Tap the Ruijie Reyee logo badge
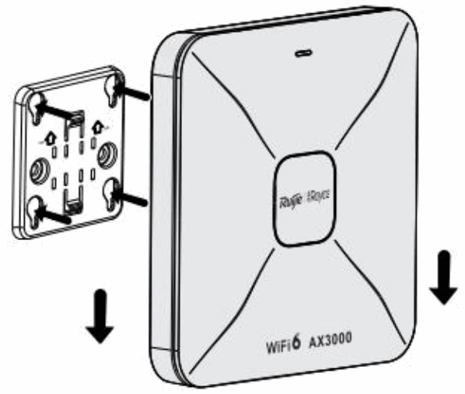point(304,198)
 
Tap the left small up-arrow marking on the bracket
point(49,135)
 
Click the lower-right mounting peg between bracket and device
point(134,199)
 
